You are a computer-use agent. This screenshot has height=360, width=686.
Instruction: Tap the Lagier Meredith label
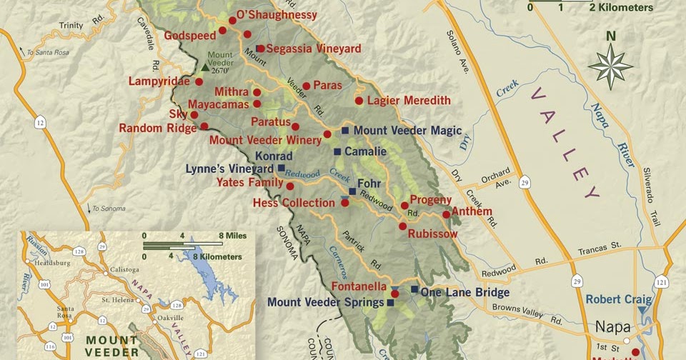(408, 101)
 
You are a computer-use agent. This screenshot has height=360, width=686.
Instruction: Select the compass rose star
(610, 66)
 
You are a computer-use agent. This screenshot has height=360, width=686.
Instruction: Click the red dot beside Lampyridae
(199, 81)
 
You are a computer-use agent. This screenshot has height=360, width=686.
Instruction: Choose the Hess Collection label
(294, 204)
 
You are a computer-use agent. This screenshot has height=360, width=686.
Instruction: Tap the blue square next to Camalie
(337, 151)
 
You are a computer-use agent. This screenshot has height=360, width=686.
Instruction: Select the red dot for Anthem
(447, 214)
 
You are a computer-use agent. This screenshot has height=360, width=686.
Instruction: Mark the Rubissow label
(432, 234)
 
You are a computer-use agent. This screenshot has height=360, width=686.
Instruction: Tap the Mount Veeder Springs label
(325, 303)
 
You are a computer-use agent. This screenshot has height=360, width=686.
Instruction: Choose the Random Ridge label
(157, 129)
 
